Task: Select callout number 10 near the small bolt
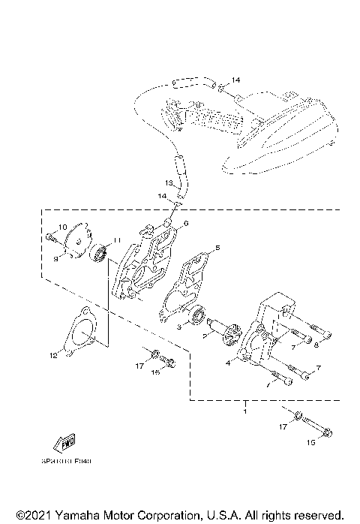(x=63, y=227)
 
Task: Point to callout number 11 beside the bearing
(x=115, y=241)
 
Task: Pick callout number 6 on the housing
(x=186, y=224)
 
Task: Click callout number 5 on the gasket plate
(x=217, y=247)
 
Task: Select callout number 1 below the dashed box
(x=245, y=413)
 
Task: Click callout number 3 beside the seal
(x=178, y=328)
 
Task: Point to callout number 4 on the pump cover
(x=227, y=362)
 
